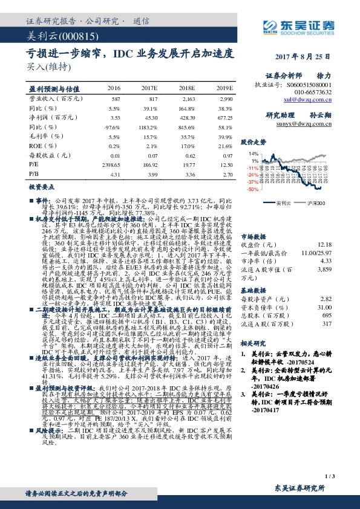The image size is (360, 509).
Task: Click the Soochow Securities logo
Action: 299,25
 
